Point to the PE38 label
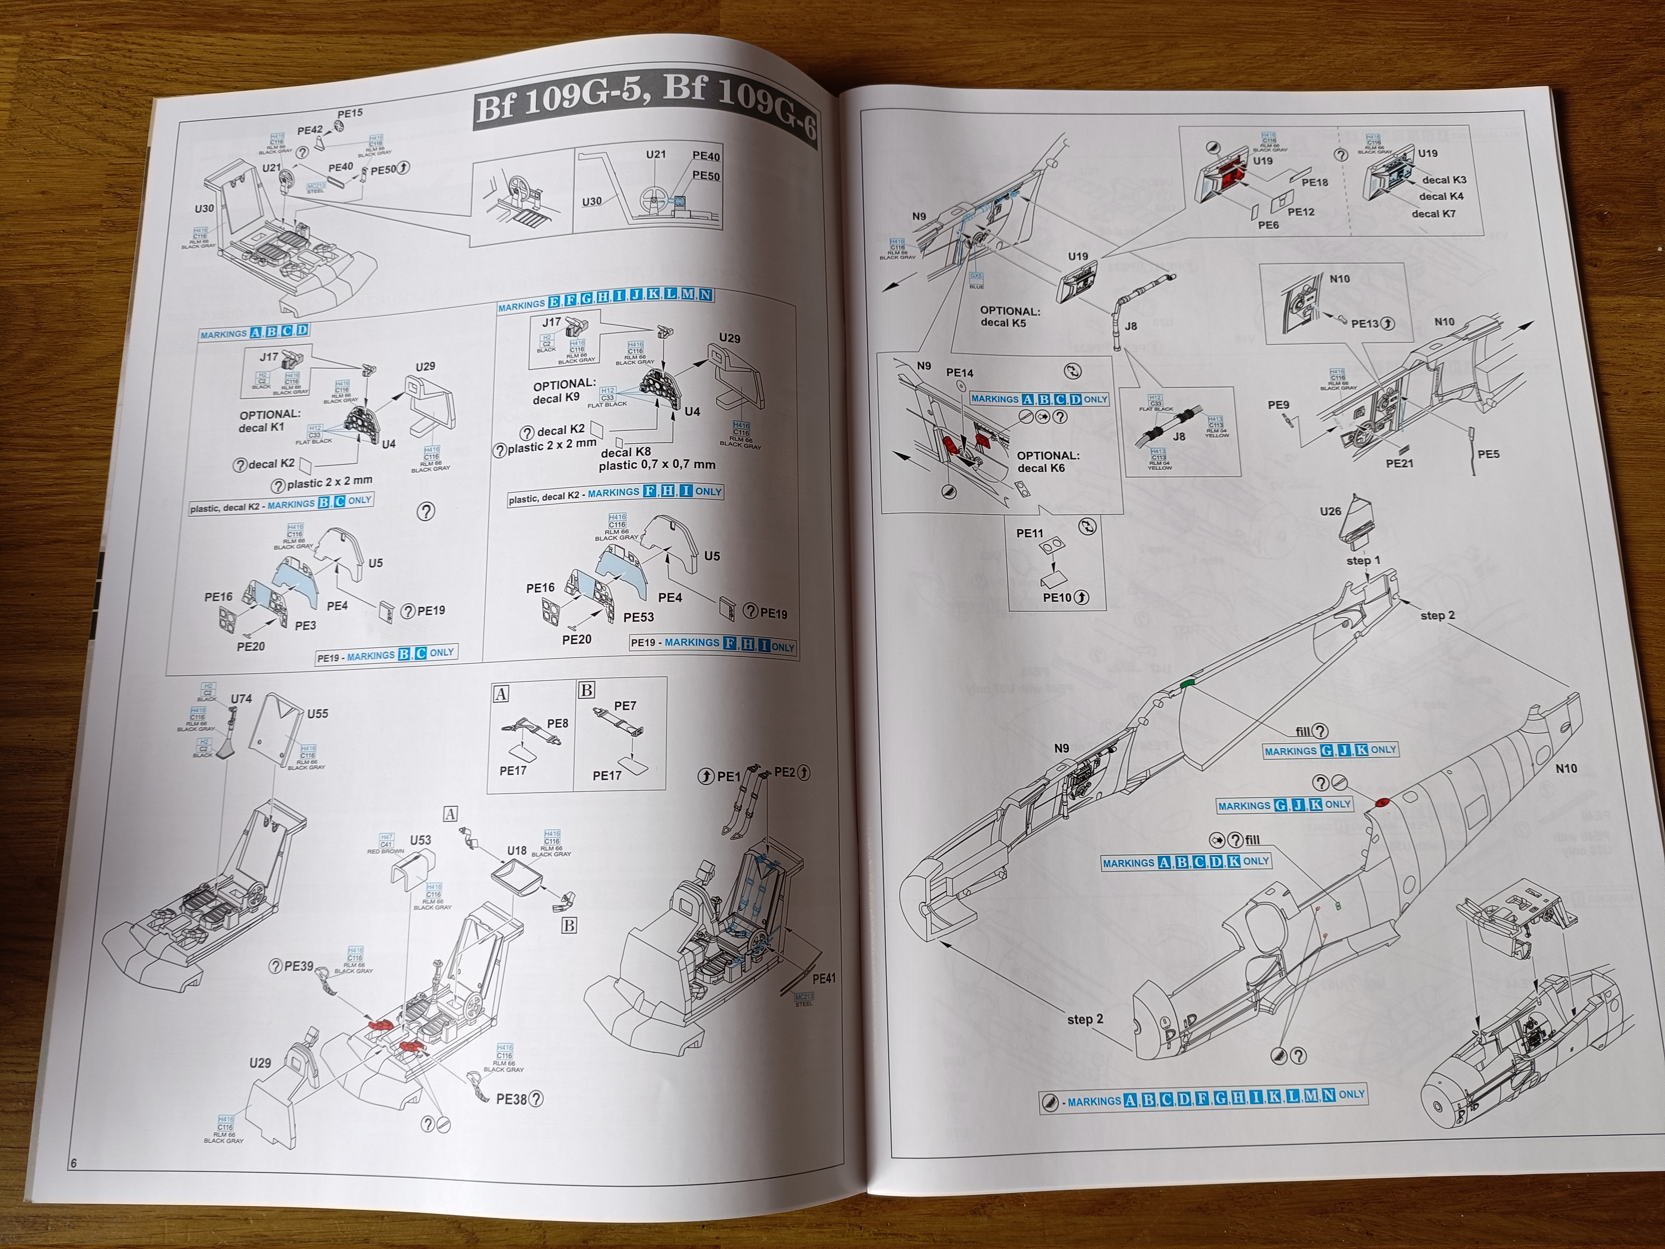pyautogui.click(x=512, y=1099)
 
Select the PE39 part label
pyautogui.click(x=299, y=966)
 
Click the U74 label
pyautogui.click(x=241, y=699)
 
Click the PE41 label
pyautogui.click(x=824, y=979)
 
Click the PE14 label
pyautogui.click(x=960, y=373)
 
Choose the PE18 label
pyautogui.click(x=1315, y=182)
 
